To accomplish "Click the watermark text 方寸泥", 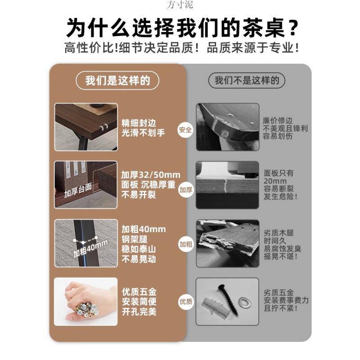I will coord(180,5).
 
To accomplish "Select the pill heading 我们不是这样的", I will coord(247,81).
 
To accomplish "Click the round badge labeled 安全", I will coord(185,130).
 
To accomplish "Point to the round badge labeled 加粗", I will coord(185,244).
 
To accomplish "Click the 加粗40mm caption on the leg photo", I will coord(90,249).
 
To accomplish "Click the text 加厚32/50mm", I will coord(150,175).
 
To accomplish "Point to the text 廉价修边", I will coord(278,121).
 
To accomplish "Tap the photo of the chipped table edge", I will coord(227,127).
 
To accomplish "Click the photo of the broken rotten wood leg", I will coord(227,243).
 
